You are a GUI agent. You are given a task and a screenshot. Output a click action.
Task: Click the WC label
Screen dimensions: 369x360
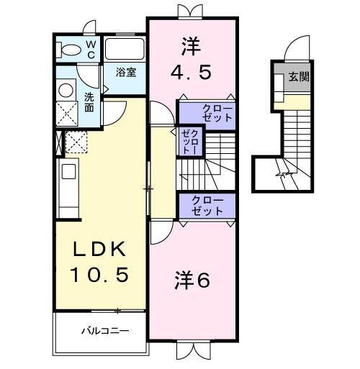[91, 49]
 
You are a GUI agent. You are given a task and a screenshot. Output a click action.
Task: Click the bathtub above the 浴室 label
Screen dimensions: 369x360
[125, 49]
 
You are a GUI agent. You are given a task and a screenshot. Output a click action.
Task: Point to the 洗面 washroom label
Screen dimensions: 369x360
[89, 101]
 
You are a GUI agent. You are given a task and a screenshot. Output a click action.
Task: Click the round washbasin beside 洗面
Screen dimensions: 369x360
[66, 90]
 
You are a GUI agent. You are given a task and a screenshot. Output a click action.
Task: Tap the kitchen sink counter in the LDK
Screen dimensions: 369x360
[68, 183]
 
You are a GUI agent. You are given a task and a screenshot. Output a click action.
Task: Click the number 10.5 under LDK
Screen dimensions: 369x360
[101, 274]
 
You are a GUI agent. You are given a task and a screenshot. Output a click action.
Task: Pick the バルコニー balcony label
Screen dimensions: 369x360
[104, 331]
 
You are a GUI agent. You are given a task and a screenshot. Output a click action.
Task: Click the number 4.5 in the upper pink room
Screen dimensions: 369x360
[191, 73]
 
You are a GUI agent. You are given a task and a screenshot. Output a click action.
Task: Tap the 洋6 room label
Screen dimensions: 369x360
[192, 281]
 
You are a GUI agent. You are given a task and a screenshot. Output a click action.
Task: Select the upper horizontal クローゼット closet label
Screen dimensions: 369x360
[207, 112]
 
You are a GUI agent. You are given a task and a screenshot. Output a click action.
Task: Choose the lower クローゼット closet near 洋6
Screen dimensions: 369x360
[207, 206]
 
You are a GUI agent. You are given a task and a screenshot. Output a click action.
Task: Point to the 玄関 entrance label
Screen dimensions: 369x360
[299, 77]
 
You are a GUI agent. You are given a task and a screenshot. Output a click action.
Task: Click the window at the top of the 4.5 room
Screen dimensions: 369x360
[191, 12]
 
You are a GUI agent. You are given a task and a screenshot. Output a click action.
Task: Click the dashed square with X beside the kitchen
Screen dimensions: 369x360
[76, 142]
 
